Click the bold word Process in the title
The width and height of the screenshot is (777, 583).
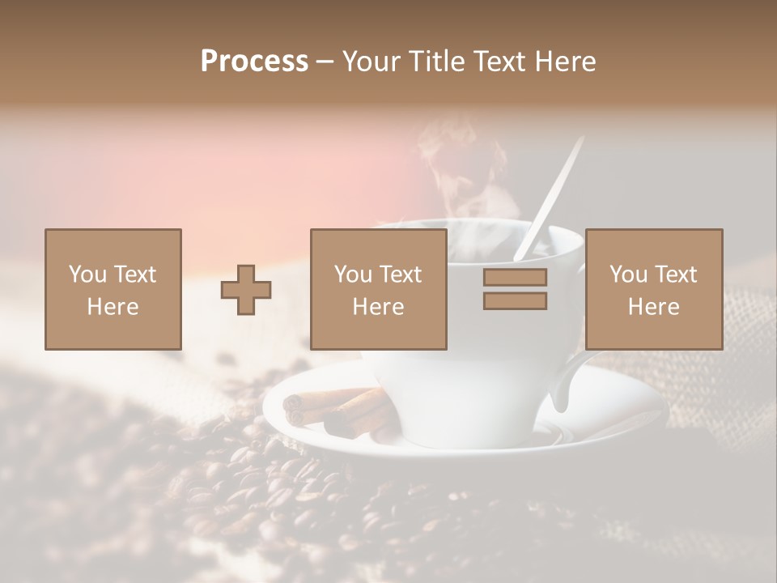(x=254, y=62)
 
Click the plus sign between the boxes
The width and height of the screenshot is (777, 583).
(x=246, y=290)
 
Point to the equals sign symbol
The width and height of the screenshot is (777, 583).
(x=515, y=289)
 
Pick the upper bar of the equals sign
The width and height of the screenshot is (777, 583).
(x=515, y=278)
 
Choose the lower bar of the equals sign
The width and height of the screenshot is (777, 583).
(x=515, y=300)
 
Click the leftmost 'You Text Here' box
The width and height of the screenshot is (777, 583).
(x=113, y=289)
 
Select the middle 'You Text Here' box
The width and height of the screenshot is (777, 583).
(x=379, y=289)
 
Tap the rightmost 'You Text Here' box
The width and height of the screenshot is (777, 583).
(x=654, y=289)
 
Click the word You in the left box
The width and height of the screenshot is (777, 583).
(x=87, y=274)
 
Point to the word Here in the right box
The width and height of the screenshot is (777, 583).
(x=654, y=307)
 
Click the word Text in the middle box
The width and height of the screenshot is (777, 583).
(x=401, y=274)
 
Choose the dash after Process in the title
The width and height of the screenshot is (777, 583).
(x=325, y=62)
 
